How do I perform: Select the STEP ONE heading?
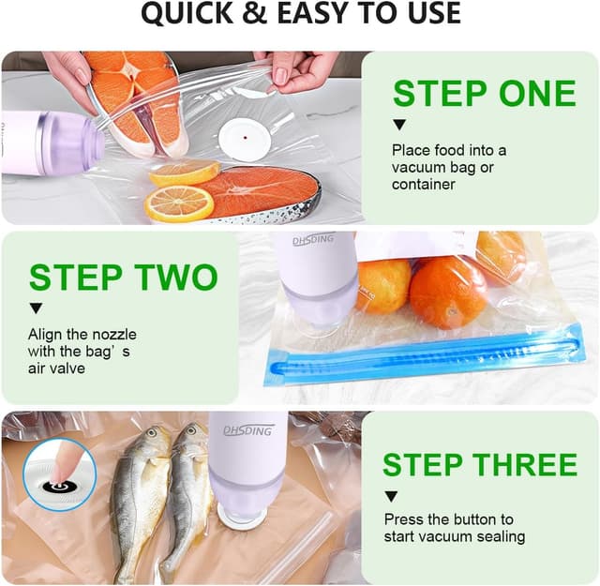pos(484,94)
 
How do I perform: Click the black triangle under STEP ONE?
pos(398,125)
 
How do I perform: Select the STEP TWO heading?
pos(123,278)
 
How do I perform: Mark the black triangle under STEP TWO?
pos(36,308)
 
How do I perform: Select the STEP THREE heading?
pos(479,464)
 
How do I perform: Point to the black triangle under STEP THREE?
pos(391,496)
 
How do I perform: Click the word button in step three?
pos(472,518)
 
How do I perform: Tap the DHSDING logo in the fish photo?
pos(248,430)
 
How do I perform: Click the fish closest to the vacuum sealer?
pos(187,497)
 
